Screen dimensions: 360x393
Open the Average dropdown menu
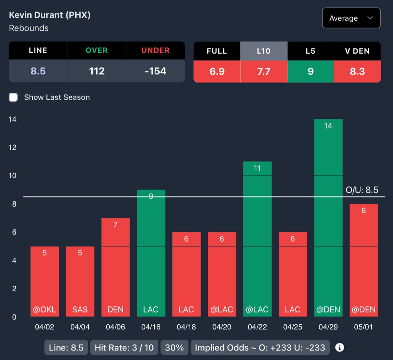tap(351, 18)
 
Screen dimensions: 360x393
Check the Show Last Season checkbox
tap(13, 97)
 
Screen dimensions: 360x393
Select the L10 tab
tap(264, 51)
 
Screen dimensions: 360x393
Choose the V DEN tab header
tap(357, 51)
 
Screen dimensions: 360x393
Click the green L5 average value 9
tap(310, 71)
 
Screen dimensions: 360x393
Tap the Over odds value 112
tap(97, 71)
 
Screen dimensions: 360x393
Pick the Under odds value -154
tap(155, 71)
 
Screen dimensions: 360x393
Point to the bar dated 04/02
tap(45, 281)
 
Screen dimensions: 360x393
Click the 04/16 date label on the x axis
tap(151, 327)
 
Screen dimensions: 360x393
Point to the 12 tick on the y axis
tap(13, 148)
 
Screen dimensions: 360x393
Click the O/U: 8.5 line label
tap(362, 190)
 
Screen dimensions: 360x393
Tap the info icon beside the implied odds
tap(339, 347)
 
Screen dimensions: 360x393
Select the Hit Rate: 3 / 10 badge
tap(124, 348)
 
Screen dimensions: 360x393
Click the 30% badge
tap(174, 348)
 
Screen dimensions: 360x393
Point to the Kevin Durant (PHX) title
tap(50, 15)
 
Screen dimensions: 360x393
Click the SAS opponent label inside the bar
tap(80, 309)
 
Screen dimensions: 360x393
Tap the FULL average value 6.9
tap(217, 71)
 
